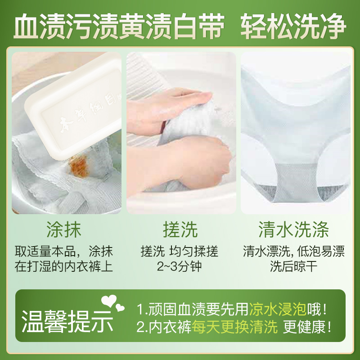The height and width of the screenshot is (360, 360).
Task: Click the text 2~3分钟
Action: pos(179,266)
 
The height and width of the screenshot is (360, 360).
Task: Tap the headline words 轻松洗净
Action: pos(294,27)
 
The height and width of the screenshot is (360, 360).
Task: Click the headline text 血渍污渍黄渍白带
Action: pos(119,27)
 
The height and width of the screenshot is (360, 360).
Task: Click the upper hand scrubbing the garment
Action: pos(184,101)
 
